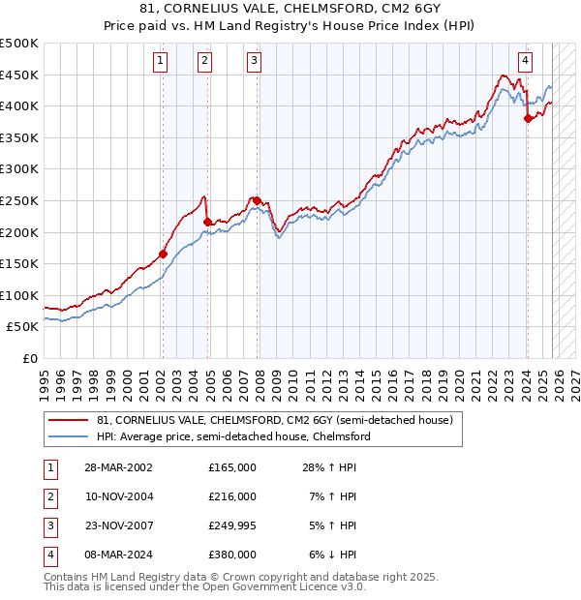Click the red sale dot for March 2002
click(x=163, y=255)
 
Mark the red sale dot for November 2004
click(x=207, y=222)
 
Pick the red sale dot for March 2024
click(x=528, y=119)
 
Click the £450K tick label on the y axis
click(x=19, y=75)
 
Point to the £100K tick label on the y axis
click(x=19, y=295)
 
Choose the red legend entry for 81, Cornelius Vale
click(x=275, y=421)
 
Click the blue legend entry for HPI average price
click(x=233, y=437)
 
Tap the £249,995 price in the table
click(x=232, y=525)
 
